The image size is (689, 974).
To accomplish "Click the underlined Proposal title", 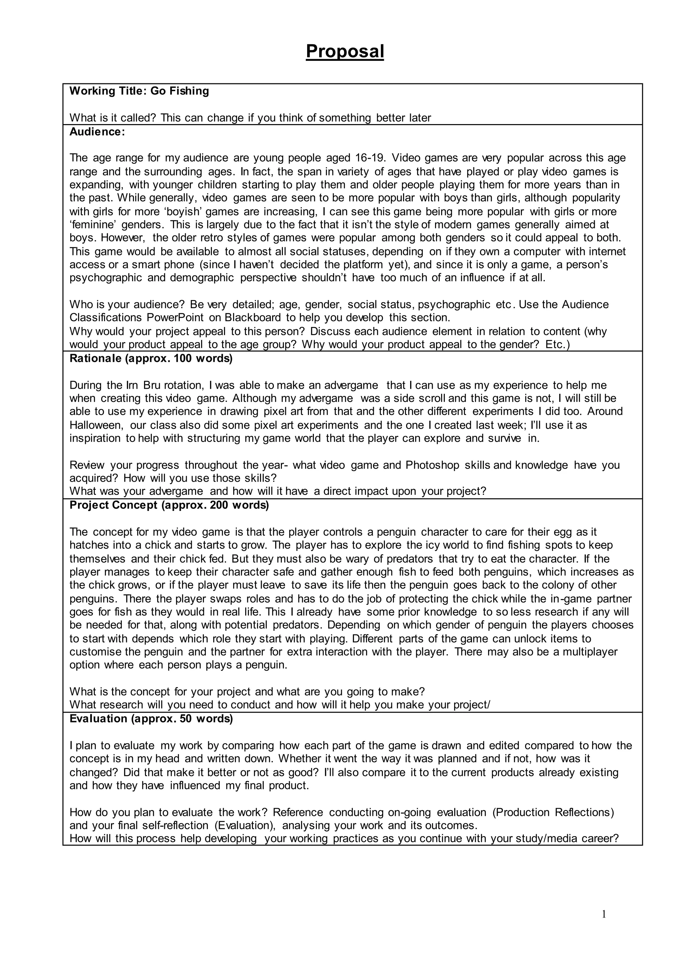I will click(x=344, y=52).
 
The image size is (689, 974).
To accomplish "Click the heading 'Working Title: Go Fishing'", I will click(x=139, y=91).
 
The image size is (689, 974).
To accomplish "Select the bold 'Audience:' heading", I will click(x=97, y=132).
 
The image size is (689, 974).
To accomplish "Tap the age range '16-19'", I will click(x=369, y=158).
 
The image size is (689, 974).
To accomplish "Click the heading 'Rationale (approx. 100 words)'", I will click(x=151, y=359).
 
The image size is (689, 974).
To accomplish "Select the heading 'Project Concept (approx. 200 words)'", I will click(x=169, y=505).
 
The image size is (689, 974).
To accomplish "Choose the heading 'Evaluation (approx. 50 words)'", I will click(x=151, y=719).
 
